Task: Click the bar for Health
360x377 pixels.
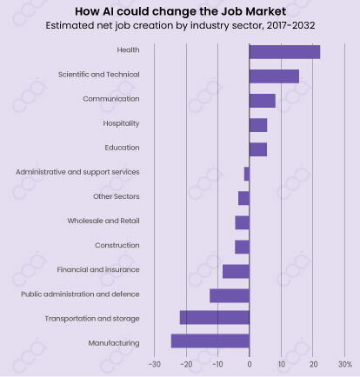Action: coord(284,51)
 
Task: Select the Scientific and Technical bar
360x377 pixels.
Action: coord(274,76)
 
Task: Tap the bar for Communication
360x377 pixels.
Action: coord(262,101)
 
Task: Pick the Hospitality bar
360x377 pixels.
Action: coord(257,125)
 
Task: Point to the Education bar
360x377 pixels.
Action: coord(257,149)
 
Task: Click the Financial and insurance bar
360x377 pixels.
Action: coord(236,271)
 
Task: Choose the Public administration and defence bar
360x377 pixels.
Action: coord(230,295)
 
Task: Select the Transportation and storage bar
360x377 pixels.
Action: coord(215,318)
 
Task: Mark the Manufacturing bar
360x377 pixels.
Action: coord(210,341)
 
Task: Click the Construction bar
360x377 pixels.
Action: coord(242,247)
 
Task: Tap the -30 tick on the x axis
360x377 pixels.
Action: coord(154,363)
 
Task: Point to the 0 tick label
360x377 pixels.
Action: coord(250,363)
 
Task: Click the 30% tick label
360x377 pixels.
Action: coord(344,363)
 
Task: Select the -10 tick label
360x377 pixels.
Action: coord(217,363)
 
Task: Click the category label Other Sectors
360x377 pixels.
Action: coord(116,196)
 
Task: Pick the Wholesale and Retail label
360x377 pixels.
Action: coord(103,221)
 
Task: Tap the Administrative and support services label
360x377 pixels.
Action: coord(77,172)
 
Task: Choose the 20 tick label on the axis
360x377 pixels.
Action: coord(313,363)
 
